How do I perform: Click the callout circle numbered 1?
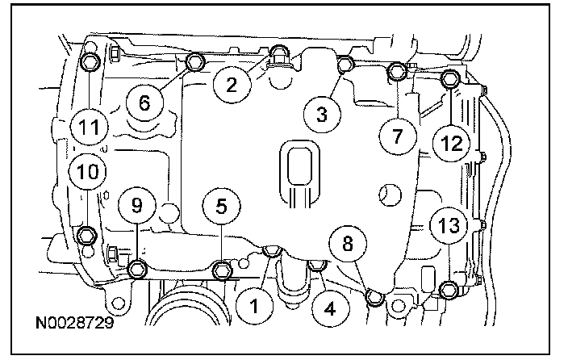click(255, 307)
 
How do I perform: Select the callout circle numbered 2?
click(232, 86)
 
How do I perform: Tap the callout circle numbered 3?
click(322, 114)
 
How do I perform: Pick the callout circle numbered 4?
click(330, 309)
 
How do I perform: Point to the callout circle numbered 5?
click(221, 207)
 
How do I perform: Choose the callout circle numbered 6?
click(144, 103)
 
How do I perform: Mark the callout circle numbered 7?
click(398, 136)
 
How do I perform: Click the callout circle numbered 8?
click(348, 243)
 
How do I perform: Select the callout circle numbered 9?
click(137, 205)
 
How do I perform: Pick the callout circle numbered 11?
click(90, 127)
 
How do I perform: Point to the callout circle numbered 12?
click(452, 143)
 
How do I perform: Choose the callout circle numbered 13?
click(449, 226)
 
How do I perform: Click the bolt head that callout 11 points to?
click(89, 62)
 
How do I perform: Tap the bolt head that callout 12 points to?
click(451, 78)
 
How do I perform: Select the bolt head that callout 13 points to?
click(449, 291)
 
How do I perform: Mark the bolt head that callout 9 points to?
click(137, 270)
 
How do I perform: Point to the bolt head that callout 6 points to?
click(195, 61)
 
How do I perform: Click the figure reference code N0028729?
click(74, 322)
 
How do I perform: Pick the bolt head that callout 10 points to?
click(87, 236)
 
